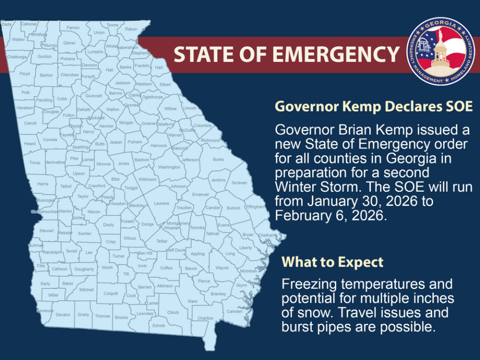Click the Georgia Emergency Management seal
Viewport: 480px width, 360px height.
click(440, 50)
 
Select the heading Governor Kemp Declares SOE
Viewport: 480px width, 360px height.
click(373, 106)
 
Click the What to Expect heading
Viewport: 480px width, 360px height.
click(332, 261)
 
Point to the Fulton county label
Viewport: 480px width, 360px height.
click(69, 115)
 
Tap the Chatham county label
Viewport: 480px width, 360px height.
click(267, 234)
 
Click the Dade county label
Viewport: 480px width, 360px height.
click(6, 24)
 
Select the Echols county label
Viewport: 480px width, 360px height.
click(158, 325)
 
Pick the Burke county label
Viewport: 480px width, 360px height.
click(218, 159)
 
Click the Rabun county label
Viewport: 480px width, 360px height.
click(131, 29)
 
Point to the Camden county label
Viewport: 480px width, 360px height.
click(234, 311)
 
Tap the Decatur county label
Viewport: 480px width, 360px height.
click(63, 314)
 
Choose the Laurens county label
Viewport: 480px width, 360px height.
click(161, 203)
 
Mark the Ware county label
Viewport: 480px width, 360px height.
click(192, 301)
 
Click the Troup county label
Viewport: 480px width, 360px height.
click(34, 162)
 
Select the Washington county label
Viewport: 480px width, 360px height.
click(169, 167)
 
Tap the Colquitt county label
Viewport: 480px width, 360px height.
click(110, 293)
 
